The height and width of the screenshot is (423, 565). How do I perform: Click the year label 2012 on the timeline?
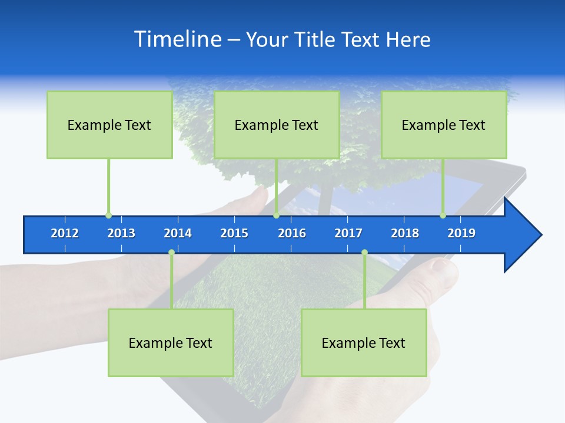tap(65, 233)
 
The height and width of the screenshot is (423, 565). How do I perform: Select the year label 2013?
tap(121, 233)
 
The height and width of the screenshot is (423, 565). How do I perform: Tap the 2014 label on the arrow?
tap(178, 233)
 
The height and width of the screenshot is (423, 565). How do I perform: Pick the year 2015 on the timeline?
tap(234, 233)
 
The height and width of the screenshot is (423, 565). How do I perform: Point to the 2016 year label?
tap(292, 233)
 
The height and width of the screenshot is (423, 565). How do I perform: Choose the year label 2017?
tap(348, 233)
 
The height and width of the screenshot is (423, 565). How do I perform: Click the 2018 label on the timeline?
tap(405, 233)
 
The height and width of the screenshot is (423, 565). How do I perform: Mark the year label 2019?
tap(461, 233)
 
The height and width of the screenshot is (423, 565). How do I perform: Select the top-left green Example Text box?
tap(109, 125)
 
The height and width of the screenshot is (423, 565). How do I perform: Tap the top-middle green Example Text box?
tap(277, 125)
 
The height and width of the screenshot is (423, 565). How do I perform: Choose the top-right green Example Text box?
tap(444, 125)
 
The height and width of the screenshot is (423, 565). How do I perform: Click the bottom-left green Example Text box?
tap(171, 343)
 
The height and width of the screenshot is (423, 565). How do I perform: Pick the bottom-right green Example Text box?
tap(364, 343)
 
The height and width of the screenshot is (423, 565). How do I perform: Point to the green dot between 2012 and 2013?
tap(108, 216)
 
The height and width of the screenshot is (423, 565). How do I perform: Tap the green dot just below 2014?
tap(171, 253)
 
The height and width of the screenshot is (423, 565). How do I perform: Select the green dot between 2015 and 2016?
tap(276, 216)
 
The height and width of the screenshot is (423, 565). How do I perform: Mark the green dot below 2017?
tap(364, 253)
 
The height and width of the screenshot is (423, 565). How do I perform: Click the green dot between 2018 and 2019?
tap(443, 216)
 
